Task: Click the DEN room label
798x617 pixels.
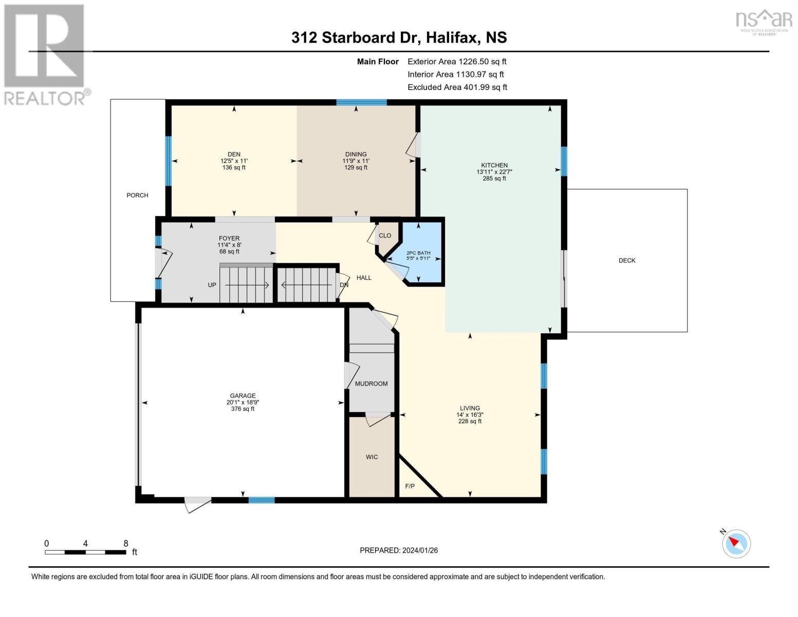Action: (x=234, y=154)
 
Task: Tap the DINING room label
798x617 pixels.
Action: (x=356, y=154)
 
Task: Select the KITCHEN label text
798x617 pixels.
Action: (x=494, y=166)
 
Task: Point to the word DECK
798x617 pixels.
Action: (x=627, y=261)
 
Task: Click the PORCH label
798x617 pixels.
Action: (x=137, y=195)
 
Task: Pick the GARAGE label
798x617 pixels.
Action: (x=243, y=396)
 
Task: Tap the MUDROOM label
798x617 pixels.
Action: (x=372, y=384)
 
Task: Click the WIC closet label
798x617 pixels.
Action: (x=372, y=457)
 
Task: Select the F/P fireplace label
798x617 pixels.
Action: (x=410, y=486)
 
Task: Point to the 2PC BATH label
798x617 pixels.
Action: (x=418, y=253)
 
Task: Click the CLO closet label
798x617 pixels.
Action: (x=385, y=235)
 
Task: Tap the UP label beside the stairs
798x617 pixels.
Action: (x=212, y=285)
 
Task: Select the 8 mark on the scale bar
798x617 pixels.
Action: (x=125, y=543)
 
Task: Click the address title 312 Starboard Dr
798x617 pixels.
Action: (x=356, y=38)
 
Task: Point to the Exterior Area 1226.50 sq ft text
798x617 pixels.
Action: (x=457, y=61)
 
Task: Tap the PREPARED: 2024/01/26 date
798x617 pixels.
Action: (x=399, y=550)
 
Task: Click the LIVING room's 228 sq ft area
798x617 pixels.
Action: (x=470, y=421)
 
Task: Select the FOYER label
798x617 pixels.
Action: (x=229, y=238)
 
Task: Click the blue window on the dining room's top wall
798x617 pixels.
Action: (x=362, y=102)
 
